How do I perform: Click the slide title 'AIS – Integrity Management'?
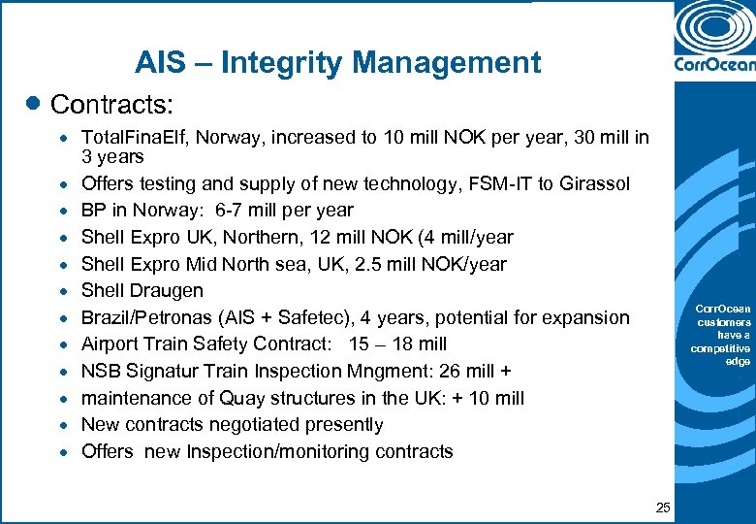(337, 63)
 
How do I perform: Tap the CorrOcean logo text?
(713, 67)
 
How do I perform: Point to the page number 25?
(663, 507)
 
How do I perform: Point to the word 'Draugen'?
(170, 290)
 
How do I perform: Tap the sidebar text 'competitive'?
(720, 348)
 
